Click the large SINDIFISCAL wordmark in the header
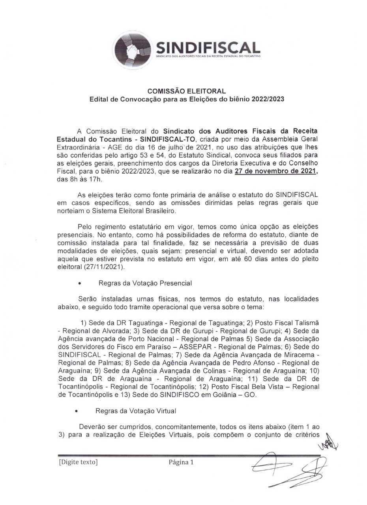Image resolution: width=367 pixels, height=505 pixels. [208, 48]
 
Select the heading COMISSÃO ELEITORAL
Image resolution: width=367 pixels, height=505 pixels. [187, 91]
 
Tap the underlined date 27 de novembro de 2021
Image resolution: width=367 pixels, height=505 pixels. [276, 172]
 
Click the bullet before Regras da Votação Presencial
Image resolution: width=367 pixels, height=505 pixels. [80, 284]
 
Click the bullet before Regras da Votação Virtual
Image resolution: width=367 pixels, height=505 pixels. [77, 411]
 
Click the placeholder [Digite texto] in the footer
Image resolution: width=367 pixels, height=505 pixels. [78, 462]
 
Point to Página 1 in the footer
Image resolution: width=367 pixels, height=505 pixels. [181, 462]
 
